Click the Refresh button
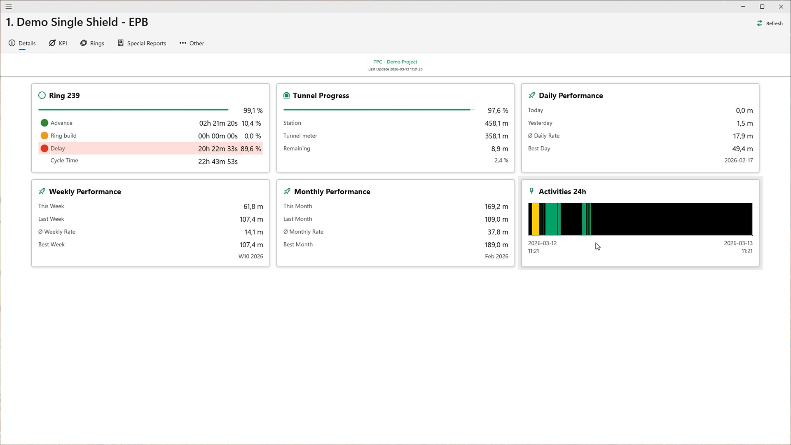point(770,23)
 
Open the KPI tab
point(58,43)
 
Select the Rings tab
point(92,43)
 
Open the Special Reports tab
point(142,43)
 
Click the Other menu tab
point(192,43)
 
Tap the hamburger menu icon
point(9,7)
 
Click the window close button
point(781,7)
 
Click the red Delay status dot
point(44,148)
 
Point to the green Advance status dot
point(44,123)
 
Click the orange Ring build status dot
point(44,136)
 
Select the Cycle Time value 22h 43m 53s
point(218,162)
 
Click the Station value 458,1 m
point(496,123)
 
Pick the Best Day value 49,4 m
point(742,149)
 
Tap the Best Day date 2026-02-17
point(739,160)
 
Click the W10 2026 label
point(251,256)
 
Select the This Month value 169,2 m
point(496,206)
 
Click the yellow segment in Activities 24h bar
point(535,219)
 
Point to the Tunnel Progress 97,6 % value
point(498,110)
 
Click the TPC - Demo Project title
point(395,62)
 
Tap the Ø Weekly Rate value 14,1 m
point(254,232)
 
